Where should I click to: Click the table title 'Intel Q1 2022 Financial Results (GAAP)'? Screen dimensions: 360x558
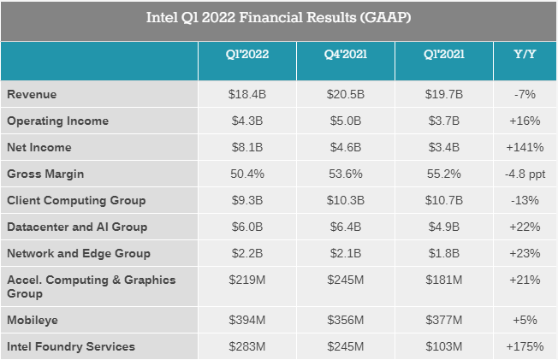click(x=279, y=18)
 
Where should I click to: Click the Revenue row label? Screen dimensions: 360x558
click(x=32, y=95)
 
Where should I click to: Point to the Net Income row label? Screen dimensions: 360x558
click(x=39, y=147)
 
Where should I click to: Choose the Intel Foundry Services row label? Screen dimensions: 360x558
click(x=71, y=346)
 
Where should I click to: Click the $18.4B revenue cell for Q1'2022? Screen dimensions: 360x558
click(x=246, y=95)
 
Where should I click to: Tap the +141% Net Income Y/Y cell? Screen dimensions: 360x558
click(x=525, y=147)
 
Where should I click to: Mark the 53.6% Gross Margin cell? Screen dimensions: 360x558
click(x=345, y=174)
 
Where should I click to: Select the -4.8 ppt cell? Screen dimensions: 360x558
click(x=525, y=174)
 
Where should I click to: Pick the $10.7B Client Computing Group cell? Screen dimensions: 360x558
click(x=444, y=200)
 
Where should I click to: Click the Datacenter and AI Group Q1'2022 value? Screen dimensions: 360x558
click(x=246, y=227)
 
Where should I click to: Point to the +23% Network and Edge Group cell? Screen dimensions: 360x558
click(x=525, y=253)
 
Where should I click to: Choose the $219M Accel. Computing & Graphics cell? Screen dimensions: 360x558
click(x=246, y=280)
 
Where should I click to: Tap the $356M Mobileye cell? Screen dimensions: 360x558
click(x=345, y=320)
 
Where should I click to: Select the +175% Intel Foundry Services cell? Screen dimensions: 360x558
click(x=525, y=346)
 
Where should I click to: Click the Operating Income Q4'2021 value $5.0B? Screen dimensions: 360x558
click(x=345, y=121)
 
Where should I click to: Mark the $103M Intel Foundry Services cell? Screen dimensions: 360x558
click(x=444, y=346)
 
